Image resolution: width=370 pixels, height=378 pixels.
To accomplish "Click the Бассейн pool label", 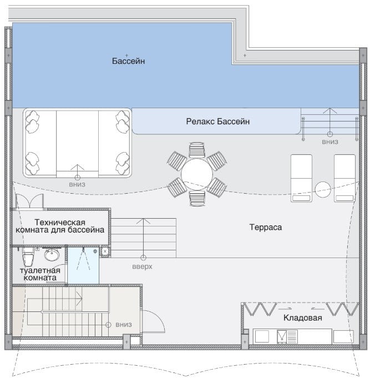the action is pyautogui.click(x=128, y=61).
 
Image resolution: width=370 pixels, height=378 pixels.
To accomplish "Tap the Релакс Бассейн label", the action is pyautogui.click(x=218, y=121).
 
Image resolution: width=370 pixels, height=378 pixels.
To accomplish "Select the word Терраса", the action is pyautogui.click(x=266, y=227).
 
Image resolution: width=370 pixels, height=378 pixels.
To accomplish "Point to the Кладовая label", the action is pyautogui.click(x=302, y=317).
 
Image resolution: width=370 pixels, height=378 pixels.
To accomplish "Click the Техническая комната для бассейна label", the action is pyautogui.click(x=60, y=226).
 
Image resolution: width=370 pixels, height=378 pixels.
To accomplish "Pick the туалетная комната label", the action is pyautogui.click(x=40, y=274).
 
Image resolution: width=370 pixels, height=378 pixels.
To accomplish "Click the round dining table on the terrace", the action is pyautogui.click(x=197, y=174).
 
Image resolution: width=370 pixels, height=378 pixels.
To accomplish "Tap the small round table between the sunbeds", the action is pyautogui.click(x=323, y=189).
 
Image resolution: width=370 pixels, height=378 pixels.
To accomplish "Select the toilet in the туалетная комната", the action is pyautogui.click(x=28, y=256).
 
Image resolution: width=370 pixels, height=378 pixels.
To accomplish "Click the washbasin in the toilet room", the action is pyautogui.click(x=52, y=255).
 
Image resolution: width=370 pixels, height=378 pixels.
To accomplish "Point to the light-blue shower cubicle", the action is pyautogui.click(x=83, y=265).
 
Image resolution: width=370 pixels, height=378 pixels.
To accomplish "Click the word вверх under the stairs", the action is pyautogui.click(x=142, y=267).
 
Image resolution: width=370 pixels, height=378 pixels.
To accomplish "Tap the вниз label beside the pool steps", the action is pyautogui.click(x=330, y=142).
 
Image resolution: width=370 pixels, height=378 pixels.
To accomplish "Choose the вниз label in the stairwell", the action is pyautogui.click(x=124, y=325).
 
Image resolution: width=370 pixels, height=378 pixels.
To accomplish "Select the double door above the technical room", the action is pyautogui.click(x=29, y=201).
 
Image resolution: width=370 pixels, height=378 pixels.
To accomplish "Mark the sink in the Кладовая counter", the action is pyautogui.click(x=282, y=337).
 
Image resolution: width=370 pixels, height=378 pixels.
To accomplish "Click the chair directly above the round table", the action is pyautogui.click(x=197, y=150).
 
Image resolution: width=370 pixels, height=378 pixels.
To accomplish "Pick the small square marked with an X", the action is pyautogui.click(x=105, y=251).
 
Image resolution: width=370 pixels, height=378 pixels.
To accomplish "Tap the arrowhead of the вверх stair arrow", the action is pyautogui.click(x=143, y=221).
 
